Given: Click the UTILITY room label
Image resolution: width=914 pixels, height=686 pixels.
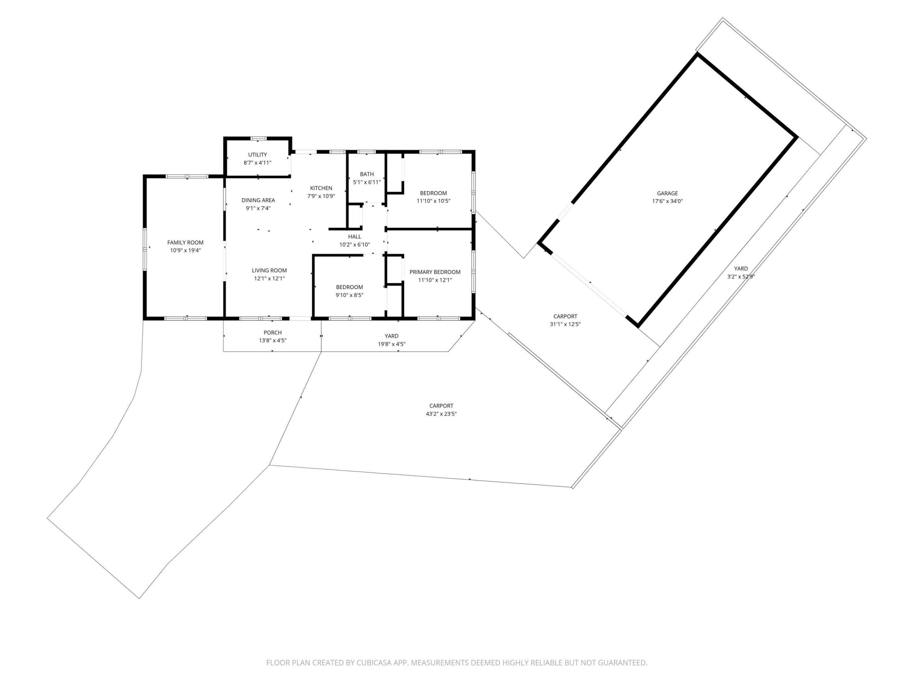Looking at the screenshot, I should pos(257,155).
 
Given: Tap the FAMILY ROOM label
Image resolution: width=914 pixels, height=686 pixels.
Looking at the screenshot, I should pos(185,242).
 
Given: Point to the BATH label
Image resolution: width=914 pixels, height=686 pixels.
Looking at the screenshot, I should pos(367,174).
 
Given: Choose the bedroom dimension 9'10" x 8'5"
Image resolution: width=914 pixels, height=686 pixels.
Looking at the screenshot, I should pos(349,295).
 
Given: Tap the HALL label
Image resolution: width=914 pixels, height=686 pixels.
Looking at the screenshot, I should pos(354,237).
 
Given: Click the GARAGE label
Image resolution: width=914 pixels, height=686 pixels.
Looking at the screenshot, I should pos(667,193).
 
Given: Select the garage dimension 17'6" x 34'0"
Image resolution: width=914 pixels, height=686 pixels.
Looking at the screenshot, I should pos(667,201).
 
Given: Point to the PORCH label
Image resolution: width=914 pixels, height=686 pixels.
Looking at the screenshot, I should pos(272,333).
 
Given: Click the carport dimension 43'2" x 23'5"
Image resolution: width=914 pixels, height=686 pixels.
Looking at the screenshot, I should pos(441,414).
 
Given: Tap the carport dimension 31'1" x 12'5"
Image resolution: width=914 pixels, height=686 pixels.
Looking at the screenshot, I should pos(565,324).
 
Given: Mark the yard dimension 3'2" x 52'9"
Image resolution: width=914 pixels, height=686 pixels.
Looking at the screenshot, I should pos(741,277).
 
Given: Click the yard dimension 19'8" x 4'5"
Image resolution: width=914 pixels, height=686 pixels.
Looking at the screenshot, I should pos(391,344).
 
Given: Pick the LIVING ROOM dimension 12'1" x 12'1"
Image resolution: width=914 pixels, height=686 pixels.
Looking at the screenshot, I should pos(269,278).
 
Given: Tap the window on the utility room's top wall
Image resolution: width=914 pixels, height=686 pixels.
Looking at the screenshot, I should pos(259,138).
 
